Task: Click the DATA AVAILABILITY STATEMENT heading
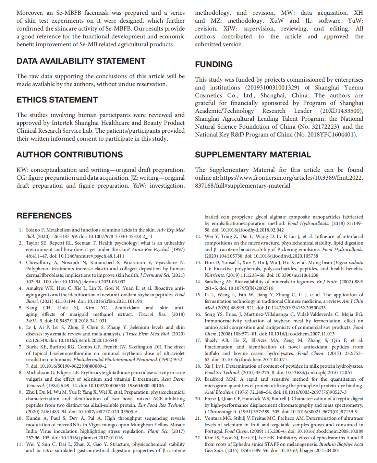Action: pos(81,61)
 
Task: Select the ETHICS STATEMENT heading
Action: pos(57,100)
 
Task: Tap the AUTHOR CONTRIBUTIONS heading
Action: pos(70,155)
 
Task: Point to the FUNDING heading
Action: pos(214,64)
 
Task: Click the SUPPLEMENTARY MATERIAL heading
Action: pos(253,155)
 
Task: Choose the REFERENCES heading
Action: pos(44,216)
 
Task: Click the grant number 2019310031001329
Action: pos(272,87)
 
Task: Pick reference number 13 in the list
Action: pos(198,262)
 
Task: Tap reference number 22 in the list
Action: pos(198,438)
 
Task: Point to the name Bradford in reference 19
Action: pos(214,379)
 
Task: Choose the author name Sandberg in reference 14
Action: pos(214,282)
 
